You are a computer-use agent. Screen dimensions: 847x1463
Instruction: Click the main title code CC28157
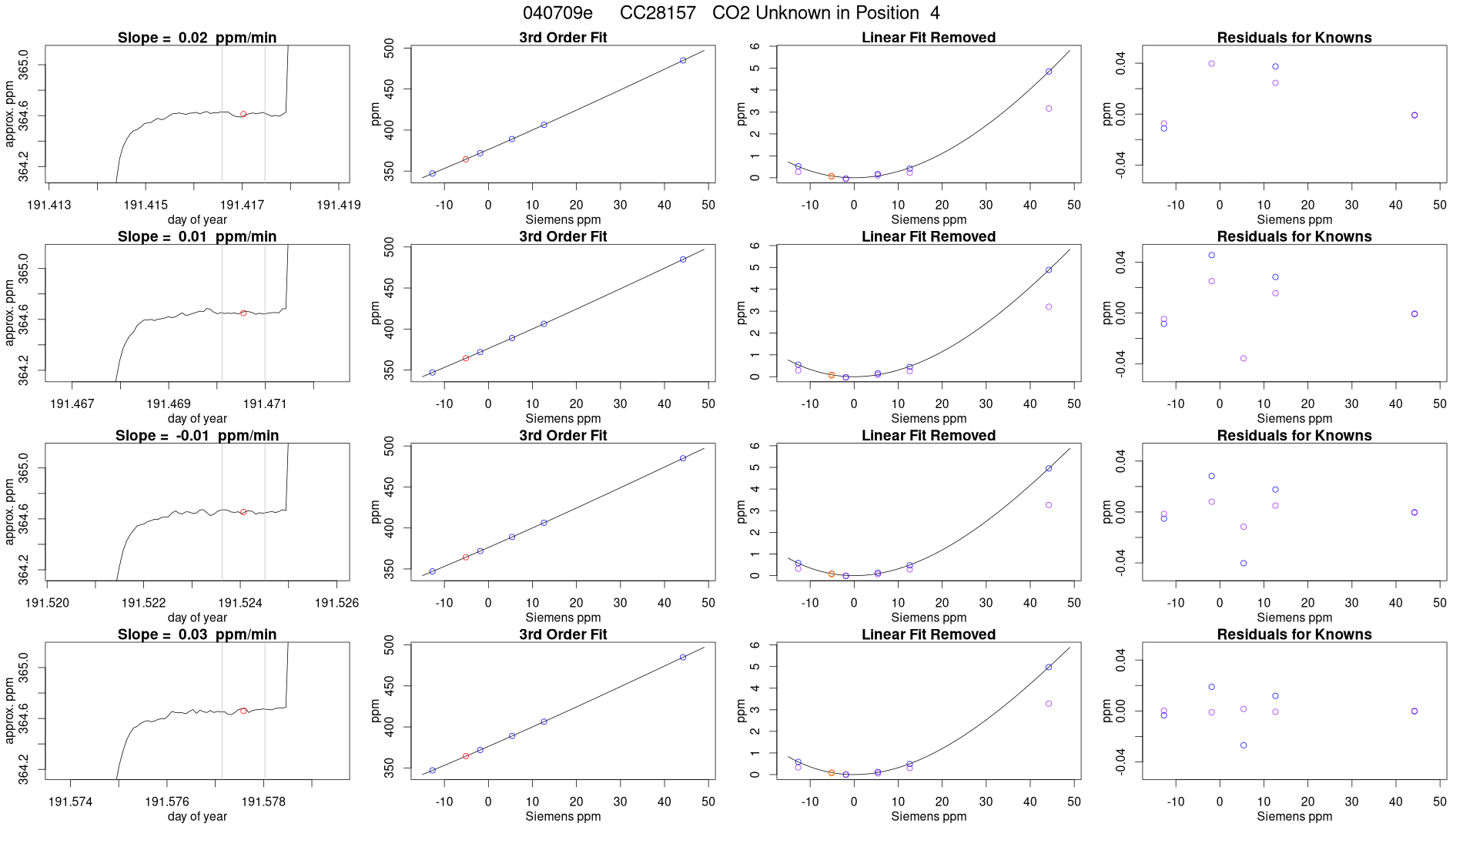pyautogui.click(x=658, y=13)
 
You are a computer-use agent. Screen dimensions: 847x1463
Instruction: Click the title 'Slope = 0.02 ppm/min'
pyautogui.click(x=197, y=38)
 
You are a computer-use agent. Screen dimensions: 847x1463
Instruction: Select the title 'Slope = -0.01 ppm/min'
pyautogui.click(x=197, y=436)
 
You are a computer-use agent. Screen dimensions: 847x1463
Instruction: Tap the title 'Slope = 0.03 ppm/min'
pyautogui.click(x=197, y=634)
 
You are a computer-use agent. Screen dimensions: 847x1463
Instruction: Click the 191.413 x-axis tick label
pyautogui.click(x=49, y=205)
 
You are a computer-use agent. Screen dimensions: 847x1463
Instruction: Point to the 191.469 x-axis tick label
pyautogui.click(x=169, y=403)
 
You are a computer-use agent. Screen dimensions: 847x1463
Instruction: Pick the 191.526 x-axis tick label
pyautogui.click(x=336, y=603)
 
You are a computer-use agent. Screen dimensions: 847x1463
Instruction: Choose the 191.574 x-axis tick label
pyautogui.click(x=71, y=802)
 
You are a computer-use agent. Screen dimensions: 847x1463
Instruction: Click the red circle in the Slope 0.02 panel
pyautogui.click(x=243, y=114)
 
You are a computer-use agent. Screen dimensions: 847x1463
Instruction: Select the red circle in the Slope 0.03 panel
pyautogui.click(x=243, y=711)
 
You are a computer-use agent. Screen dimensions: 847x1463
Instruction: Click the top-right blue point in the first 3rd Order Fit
pyautogui.click(x=683, y=60)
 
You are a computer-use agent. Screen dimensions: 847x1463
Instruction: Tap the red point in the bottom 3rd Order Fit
pyautogui.click(x=466, y=756)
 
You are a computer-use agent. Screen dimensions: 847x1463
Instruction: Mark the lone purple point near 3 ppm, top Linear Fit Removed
pyautogui.click(x=1049, y=109)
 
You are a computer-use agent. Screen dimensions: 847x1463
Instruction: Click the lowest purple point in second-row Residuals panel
pyautogui.click(x=1244, y=359)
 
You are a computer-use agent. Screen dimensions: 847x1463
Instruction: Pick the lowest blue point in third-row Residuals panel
pyautogui.click(x=1244, y=564)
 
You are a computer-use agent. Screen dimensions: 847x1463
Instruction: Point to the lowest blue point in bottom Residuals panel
pyautogui.click(x=1244, y=745)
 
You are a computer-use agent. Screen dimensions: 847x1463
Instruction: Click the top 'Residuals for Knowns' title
pyautogui.click(x=1294, y=38)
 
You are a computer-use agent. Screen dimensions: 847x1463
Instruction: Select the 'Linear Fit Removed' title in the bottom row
pyautogui.click(x=929, y=634)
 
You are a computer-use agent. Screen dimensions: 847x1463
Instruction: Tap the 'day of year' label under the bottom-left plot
pyautogui.click(x=197, y=816)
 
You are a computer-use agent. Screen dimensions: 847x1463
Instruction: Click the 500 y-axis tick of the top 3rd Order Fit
pyautogui.click(x=389, y=50)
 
